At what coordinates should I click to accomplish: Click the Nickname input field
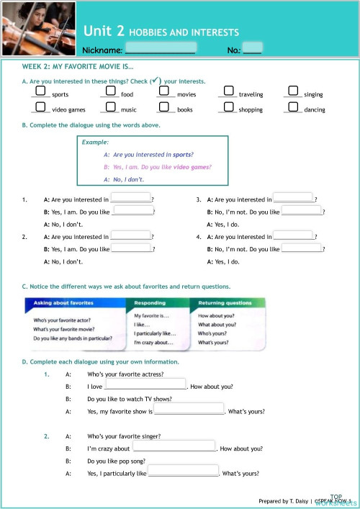coord(160,49)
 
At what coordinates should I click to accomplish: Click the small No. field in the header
coord(252,49)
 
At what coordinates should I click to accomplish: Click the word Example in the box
coord(95,143)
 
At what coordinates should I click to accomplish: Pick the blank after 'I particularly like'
coord(183,472)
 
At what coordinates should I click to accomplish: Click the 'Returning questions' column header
coord(229,303)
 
